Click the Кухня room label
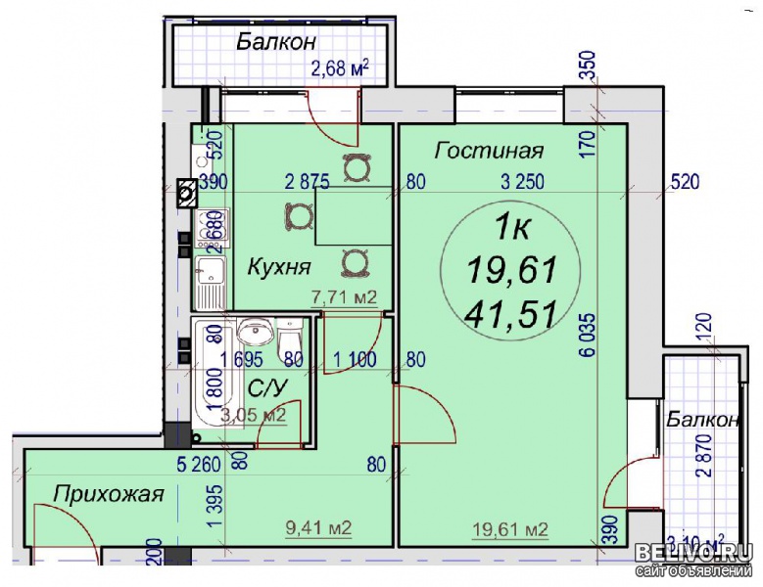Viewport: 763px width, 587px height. (279, 266)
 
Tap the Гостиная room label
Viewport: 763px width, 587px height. (489, 151)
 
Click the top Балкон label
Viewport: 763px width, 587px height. (275, 42)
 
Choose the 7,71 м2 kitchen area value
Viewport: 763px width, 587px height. (344, 298)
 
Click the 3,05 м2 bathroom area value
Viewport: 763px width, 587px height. (253, 415)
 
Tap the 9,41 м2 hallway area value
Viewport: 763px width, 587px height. (319, 529)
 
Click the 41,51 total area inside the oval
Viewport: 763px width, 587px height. (512, 313)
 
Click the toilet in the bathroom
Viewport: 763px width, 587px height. (291, 344)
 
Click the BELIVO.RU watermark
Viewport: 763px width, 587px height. (696, 554)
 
